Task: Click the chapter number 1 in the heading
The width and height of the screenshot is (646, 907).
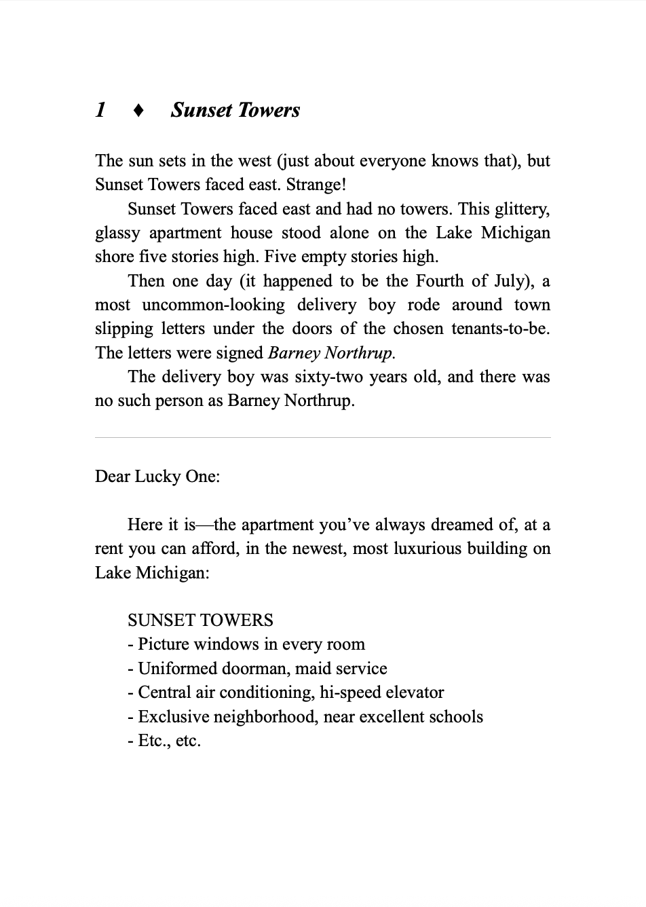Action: [100, 110]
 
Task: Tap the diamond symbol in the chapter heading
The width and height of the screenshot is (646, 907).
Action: [138, 111]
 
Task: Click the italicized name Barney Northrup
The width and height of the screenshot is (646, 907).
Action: [332, 353]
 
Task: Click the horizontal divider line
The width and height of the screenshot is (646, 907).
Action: [323, 438]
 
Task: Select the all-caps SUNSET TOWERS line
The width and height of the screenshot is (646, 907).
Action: [200, 621]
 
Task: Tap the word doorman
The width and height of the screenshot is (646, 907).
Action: [255, 669]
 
